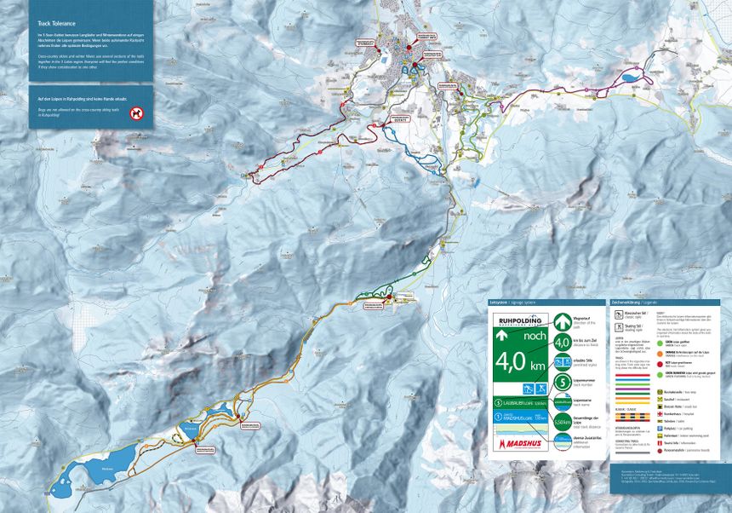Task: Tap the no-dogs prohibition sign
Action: coord(136,112)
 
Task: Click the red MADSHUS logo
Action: coord(518,443)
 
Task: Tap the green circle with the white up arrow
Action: coord(562,321)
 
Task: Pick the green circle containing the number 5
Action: coord(562,380)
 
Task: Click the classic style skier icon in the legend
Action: coord(619,314)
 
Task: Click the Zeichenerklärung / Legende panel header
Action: coord(634,302)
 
